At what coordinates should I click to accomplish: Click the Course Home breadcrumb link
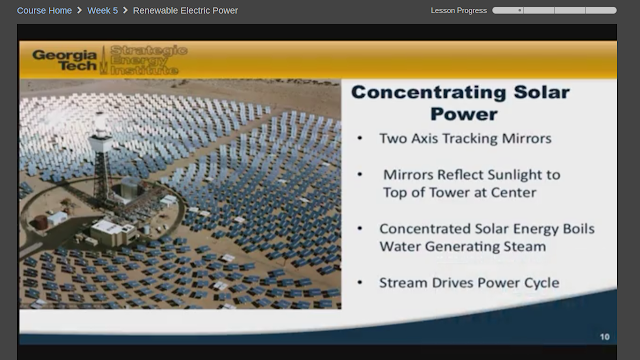click(x=44, y=11)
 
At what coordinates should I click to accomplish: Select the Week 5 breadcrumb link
click(x=102, y=11)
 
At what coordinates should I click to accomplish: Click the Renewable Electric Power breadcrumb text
click(x=185, y=11)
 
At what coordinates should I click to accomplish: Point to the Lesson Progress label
click(x=458, y=11)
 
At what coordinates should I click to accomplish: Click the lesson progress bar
click(x=554, y=11)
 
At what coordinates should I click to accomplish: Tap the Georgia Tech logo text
click(x=64, y=60)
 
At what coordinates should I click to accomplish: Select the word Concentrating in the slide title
click(x=429, y=92)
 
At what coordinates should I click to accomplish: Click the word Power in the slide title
click(x=464, y=114)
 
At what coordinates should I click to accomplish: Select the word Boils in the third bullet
click(x=579, y=229)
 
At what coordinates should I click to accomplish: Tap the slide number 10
click(x=604, y=337)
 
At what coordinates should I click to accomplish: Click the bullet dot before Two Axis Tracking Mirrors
click(x=360, y=138)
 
